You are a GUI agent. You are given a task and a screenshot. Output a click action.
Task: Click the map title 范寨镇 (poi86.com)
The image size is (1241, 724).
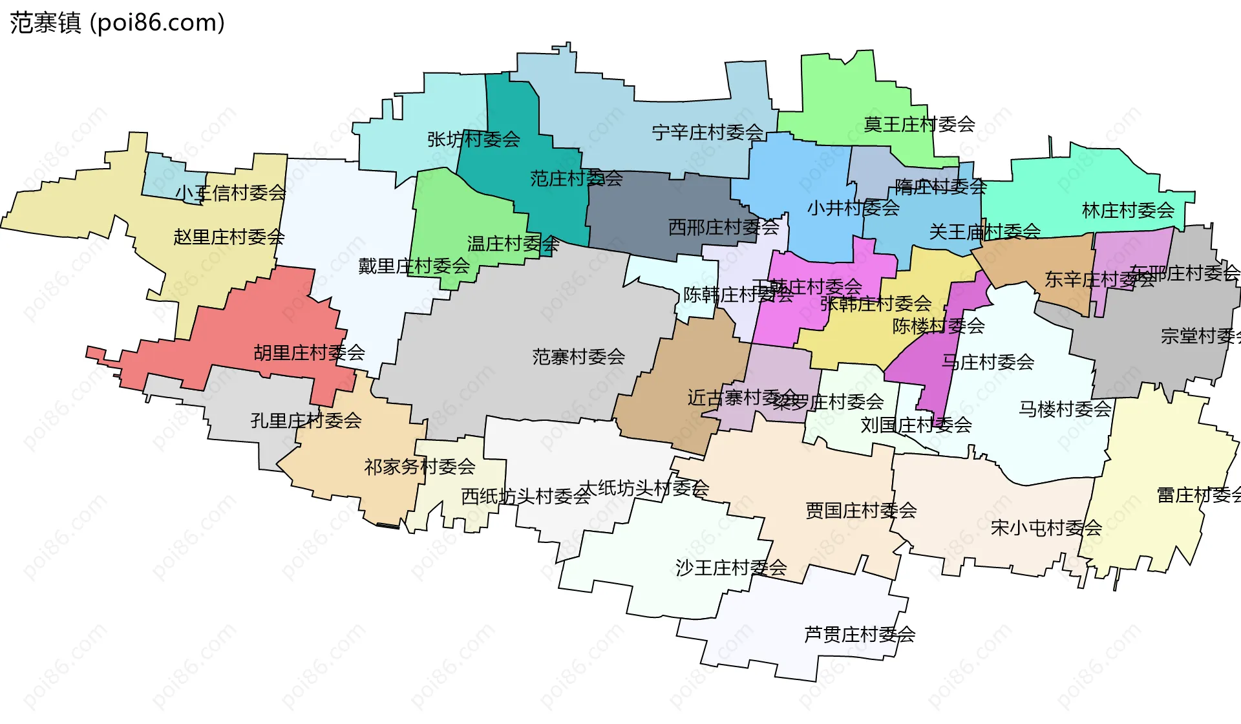[x=117, y=23]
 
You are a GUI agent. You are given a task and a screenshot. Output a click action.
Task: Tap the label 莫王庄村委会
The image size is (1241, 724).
[x=919, y=124]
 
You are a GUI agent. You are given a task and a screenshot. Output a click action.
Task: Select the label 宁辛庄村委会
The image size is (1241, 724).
[x=708, y=133]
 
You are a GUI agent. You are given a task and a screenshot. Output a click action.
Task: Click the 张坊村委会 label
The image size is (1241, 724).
[x=473, y=139]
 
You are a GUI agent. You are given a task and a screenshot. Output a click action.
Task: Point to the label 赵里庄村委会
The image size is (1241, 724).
[x=229, y=237]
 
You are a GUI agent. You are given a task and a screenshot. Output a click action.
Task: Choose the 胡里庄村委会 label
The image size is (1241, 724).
[x=309, y=352]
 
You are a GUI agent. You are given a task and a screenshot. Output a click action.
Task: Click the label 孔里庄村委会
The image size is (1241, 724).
[x=306, y=421]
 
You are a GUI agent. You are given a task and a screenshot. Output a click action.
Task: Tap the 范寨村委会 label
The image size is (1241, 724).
[x=578, y=356]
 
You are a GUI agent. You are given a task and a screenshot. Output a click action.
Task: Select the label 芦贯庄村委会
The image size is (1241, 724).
[x=860, y=634]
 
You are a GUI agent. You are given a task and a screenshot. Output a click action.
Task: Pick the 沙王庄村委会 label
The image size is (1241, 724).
[x=731, y=568]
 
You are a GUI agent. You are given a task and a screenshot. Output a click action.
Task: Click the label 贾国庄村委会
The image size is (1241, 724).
[x=861, y=510]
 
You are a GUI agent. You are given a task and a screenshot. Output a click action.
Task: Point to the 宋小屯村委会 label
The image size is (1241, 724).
[x=1046, y=527]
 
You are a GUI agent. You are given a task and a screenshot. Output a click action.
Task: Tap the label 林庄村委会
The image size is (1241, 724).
[x=1128, y=210]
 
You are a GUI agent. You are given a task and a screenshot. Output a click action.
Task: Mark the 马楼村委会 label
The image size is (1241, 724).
[x=1065, y=409]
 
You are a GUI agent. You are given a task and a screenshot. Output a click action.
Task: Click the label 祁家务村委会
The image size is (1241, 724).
[x=419, y=466]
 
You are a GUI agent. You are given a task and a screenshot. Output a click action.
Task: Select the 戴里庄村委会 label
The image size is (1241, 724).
[x=414, y=266]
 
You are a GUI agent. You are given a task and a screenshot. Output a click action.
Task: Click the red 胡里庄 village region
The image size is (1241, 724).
[x=259, y=323]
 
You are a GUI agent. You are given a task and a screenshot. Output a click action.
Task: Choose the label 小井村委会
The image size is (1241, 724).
[x=853, y=208]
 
